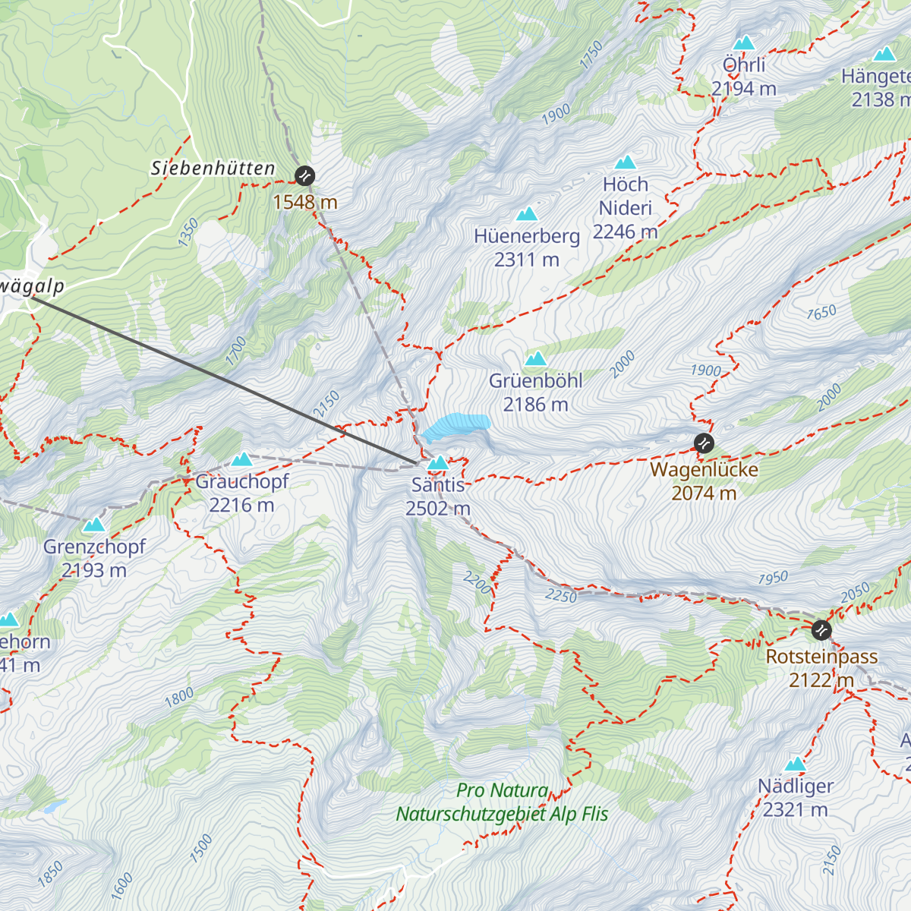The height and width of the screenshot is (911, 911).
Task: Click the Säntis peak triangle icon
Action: click(x=438, y=462)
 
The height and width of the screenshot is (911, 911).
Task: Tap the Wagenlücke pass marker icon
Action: click(x=705, y=443)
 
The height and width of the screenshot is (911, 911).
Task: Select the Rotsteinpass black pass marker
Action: click(x=821, y=630)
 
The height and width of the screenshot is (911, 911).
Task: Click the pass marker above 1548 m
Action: click(x=304, y=176)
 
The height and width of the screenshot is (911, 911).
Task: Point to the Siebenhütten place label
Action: click(x=213, y=169)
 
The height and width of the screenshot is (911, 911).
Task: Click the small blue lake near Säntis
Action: click(x=456, y=426)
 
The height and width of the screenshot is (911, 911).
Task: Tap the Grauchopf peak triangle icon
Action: click(x=242, y=459)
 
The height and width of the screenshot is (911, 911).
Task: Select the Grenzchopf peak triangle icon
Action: click(x=94, y=525)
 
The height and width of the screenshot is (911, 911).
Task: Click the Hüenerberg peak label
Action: click(x=527, y=236)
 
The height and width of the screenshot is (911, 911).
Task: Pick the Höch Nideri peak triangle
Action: click(x=626, y=162)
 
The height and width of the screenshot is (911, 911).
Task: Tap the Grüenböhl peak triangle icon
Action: click(x=536, y=358)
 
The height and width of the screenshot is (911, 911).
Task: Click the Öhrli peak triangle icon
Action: click(x=744, y=43)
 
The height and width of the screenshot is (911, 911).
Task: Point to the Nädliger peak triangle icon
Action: click(x=796, y=764)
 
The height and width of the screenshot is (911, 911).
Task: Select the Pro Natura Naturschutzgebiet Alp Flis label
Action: click(x=502, y=802)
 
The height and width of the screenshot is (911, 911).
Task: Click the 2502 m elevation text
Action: click(x=438, y=509)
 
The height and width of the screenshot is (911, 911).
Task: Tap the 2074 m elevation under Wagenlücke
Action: click(x=704, y=493)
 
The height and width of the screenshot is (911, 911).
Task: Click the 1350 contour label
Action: click(x=188, y=232)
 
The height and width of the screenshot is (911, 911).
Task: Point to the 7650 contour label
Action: click(x=821, y=312)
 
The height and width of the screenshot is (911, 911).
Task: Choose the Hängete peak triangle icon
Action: click(x=884, y=55)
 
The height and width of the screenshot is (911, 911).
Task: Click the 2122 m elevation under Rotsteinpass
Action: click(x=821, y=680)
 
